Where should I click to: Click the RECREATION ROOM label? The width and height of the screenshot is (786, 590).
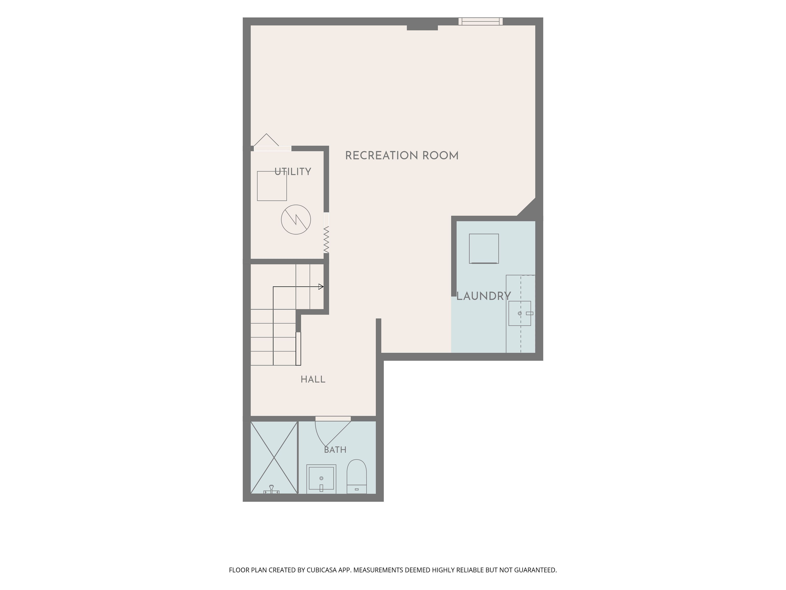click(x=402, y=155)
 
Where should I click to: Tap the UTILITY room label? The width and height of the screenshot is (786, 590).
click(x=293, y=172)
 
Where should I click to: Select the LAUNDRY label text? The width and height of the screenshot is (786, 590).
click(x=484, y=296)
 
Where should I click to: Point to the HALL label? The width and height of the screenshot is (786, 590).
click(x=313, y=379)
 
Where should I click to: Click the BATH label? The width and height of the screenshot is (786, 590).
click(x=335, y=450)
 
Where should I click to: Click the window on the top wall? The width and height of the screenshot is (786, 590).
click(x=480, y=21)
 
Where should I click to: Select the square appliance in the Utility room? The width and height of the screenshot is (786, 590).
click(x=272, y=186)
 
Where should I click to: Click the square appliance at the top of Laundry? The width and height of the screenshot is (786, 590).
click(x=484, y=248)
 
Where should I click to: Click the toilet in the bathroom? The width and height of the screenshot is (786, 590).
click(x=356, y=477)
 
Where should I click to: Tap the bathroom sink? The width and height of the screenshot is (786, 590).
click(x=321, y=479)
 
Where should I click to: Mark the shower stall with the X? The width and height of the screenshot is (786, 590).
click(x=274, y=457)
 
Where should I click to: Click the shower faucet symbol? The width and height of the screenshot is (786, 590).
click(x=271, y=490)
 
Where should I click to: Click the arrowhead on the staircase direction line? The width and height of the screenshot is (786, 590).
click(x=321, y=287)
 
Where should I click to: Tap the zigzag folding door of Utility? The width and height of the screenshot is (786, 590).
click(x=326, y=240)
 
